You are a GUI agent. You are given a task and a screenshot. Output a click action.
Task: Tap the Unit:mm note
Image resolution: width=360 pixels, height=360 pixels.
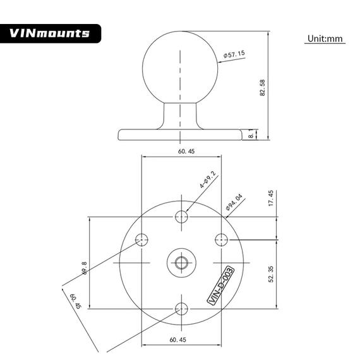325,39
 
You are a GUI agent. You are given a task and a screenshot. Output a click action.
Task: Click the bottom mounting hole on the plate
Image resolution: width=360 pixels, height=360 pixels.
182,309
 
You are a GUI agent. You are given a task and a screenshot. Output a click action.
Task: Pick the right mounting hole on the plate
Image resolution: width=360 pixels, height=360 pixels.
221,239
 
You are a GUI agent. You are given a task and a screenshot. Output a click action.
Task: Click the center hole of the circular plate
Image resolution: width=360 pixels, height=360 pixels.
182,262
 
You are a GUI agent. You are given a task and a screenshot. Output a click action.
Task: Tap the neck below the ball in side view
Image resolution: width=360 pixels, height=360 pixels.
181,114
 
